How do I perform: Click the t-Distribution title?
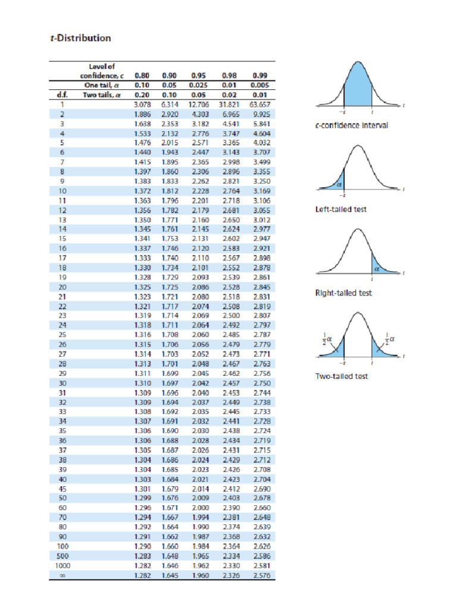[80, 38]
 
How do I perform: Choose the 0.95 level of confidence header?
[198, 76]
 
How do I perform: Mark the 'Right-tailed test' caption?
[343, 293]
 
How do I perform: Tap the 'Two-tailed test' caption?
[342, 376]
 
